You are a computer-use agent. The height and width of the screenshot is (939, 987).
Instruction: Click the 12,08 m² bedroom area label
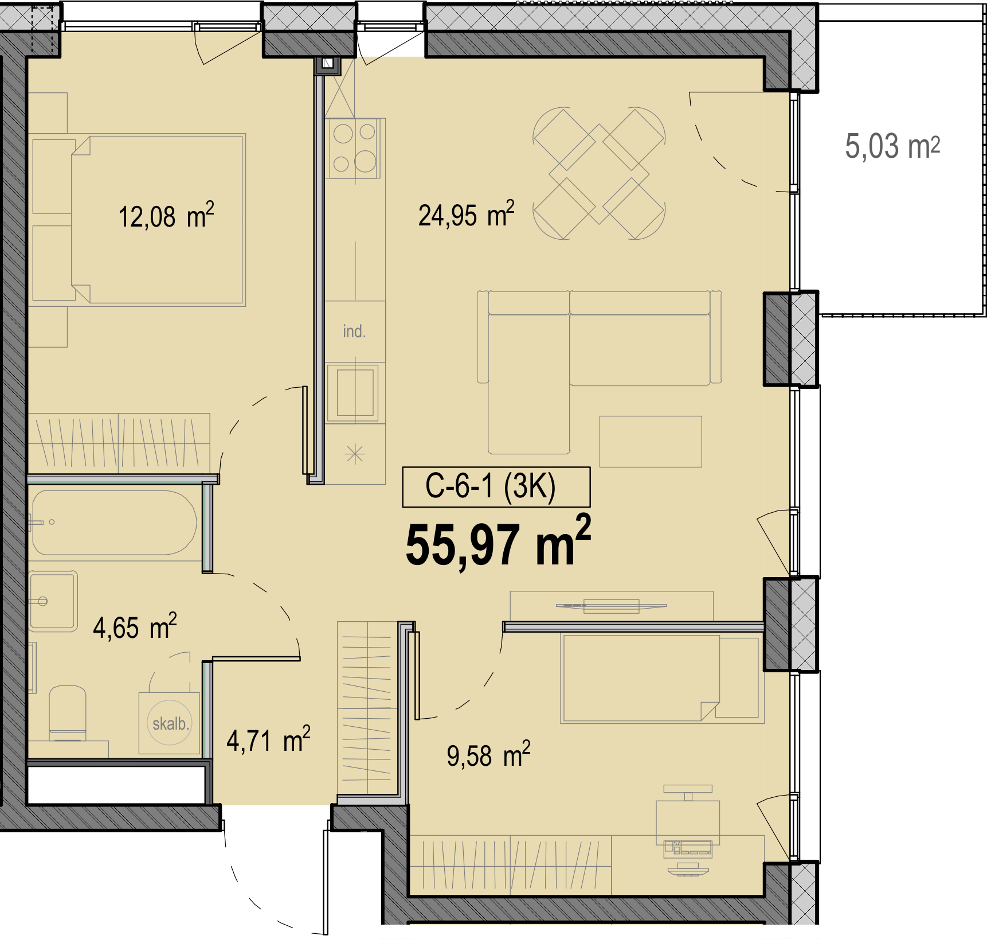point(166,216)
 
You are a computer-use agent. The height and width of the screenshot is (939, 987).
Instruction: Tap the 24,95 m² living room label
point(466,215)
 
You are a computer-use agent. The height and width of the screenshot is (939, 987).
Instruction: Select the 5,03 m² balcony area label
point(892,146)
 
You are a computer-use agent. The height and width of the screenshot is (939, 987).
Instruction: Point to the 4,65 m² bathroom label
point(135,626)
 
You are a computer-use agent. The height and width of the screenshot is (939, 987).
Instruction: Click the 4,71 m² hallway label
point(268,739)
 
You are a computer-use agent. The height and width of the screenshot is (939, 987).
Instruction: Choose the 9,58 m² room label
point(488,754)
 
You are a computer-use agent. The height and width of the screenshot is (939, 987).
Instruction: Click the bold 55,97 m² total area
point(498,542)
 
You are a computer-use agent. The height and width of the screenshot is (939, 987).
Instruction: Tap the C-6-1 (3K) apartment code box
point(496,487)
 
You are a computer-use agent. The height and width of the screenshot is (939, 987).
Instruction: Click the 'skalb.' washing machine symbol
point(170,723)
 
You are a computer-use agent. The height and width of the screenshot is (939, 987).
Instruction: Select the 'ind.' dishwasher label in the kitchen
point(354,331)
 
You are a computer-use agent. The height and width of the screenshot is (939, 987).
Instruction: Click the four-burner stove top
point(354,148)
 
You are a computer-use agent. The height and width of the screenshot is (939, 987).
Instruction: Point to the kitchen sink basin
point(355,393)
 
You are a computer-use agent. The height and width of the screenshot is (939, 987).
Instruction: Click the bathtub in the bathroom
point(113,523)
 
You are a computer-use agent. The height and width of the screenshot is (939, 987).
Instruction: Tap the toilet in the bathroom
point(68,713)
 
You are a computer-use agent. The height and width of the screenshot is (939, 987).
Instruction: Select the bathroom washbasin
point(53,601)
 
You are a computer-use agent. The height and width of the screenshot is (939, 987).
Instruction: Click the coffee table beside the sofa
point(651,441)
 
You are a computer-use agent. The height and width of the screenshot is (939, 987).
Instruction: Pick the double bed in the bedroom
point(158,219)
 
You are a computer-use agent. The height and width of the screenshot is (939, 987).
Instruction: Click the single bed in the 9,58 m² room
point(661,678)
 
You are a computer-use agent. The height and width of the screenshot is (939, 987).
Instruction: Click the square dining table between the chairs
point(600,174)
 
